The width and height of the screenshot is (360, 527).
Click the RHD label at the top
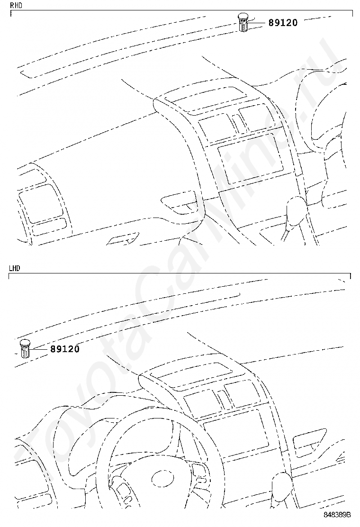pos(16,5)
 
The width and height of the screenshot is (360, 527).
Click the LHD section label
pos(15,268)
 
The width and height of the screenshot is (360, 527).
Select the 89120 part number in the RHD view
pos(283,23)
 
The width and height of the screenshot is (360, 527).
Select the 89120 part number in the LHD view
pos(65,349)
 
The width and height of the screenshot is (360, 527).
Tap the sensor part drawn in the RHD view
pos(243,22)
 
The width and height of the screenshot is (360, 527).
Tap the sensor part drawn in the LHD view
pos(25,349)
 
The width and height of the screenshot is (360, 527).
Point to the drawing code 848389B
pos(337,515)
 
